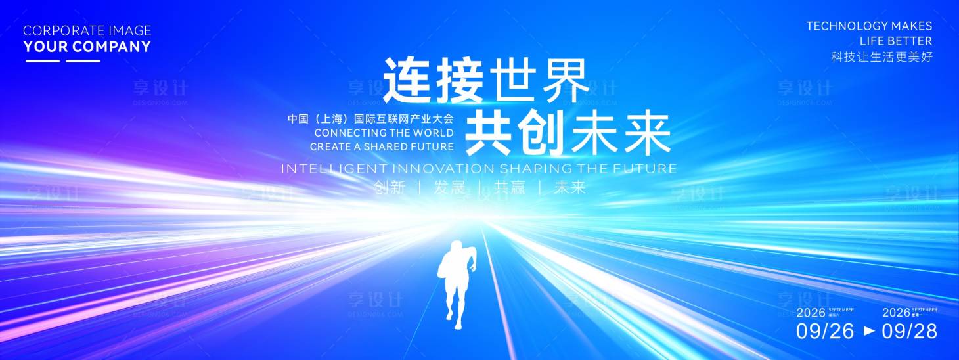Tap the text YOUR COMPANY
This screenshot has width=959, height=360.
(x=87, y=47)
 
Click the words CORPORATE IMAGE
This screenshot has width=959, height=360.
(x=87, y=30)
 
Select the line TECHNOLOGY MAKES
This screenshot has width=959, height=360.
(x=869, y=26)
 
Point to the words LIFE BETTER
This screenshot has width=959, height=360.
(x=895, y=41)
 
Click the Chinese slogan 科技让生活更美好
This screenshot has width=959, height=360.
(x=881, y=57)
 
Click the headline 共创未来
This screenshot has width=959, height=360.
(x=568, y=132)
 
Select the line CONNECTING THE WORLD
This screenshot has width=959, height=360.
(x=384, y=133)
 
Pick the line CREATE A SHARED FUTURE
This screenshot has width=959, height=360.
(x=382, y=147)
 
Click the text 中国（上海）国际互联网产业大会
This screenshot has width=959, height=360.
(x=370, y=120)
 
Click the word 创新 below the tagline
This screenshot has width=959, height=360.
(x=390, y=188)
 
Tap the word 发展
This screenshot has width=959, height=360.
(x=449, y=188)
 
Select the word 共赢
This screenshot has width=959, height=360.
(x=510, y=188)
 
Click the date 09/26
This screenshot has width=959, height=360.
(x=825, y=331)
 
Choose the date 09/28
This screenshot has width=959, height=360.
(x=909, y=331)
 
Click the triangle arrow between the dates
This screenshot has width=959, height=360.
(x=869, y=331)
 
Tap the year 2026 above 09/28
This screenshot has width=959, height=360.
(x=896, y=313)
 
